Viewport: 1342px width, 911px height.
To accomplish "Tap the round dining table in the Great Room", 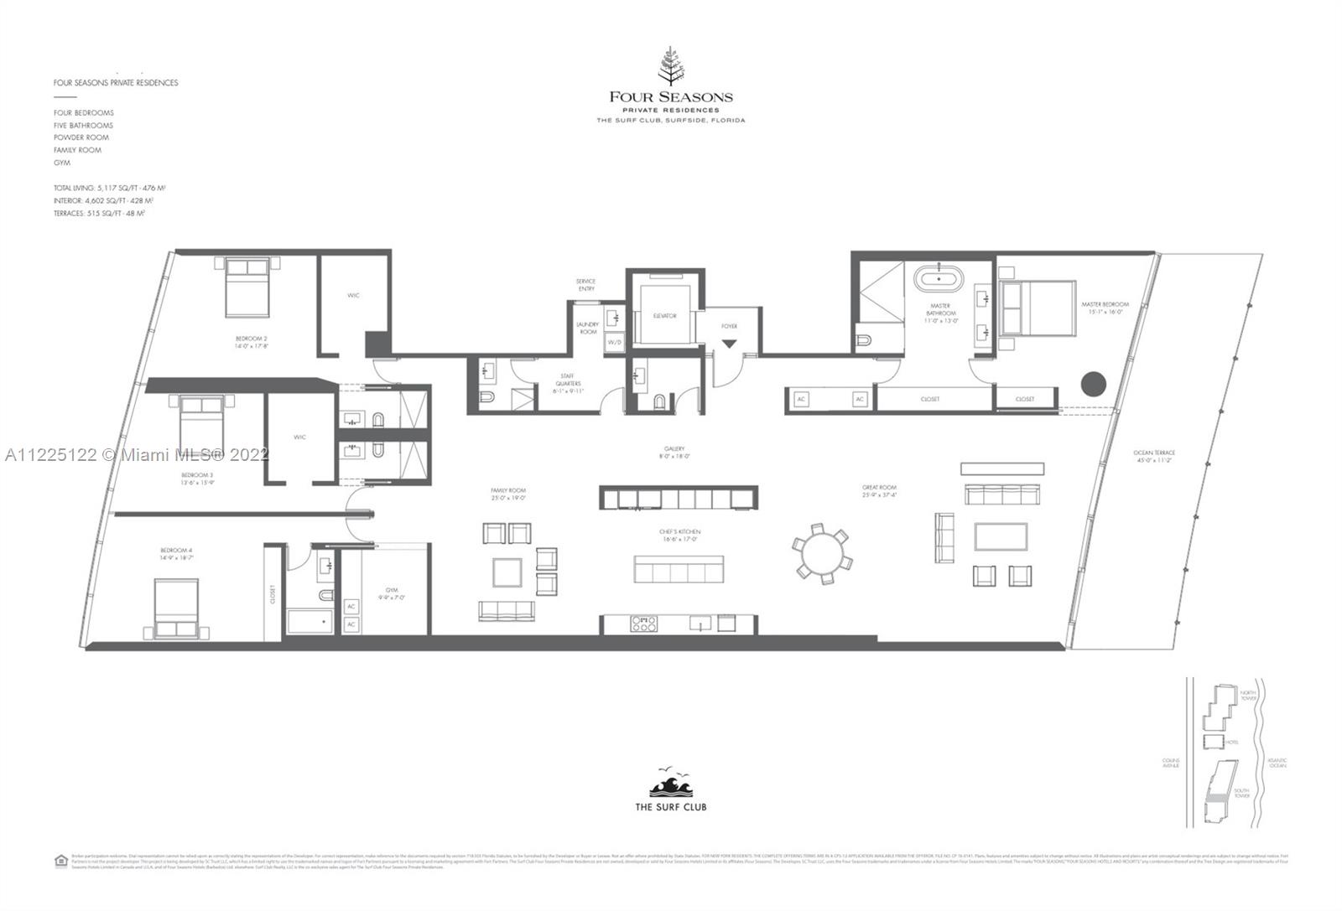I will tap(822, 553).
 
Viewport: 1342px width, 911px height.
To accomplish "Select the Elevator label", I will tap(665, 316).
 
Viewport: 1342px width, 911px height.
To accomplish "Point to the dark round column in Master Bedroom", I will tap(1093, 385).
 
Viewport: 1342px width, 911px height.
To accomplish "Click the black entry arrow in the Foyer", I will tap(729, 344).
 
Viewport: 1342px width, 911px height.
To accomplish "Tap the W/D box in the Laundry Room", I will tap(614, 343).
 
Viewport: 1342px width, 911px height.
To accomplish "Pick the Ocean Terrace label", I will tap(1154, 456).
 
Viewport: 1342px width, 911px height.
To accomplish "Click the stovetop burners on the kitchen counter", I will tap(644, 623).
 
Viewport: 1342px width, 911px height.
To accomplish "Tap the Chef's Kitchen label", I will tap(679, 535).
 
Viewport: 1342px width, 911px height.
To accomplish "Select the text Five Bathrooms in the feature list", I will tap(83, 125).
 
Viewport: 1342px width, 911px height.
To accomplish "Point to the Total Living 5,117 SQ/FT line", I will tap(109, 189).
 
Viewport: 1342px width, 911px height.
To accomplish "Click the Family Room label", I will tap(508, 494).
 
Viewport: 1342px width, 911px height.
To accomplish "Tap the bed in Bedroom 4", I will tap(181, 609).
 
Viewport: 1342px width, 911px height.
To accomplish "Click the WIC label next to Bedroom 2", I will tap(353, 295).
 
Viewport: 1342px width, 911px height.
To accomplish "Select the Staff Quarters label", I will tap(568, 380).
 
